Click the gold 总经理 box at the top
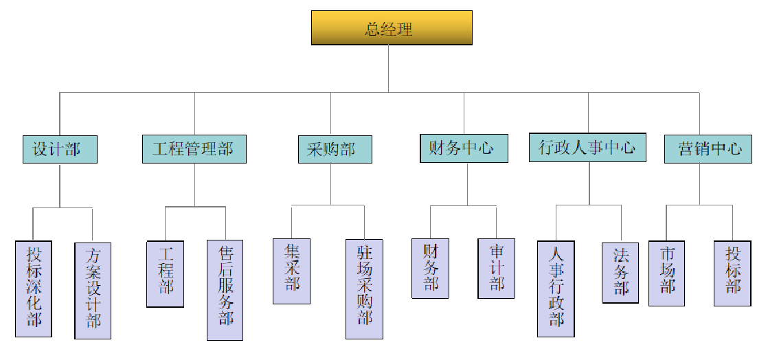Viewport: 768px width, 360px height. pos(392,28)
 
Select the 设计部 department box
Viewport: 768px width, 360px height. pos(60,149)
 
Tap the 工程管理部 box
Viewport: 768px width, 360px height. pos(194,149)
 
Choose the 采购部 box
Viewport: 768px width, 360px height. pos(335,149)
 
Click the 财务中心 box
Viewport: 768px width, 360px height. pos(464,148)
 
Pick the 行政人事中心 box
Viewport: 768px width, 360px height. pos(587,148)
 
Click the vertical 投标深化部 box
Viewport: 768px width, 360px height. pos(34,289)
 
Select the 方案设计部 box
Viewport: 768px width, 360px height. pos(93,291)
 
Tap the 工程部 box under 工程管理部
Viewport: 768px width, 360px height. pos(165,273)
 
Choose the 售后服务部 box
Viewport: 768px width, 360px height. pos(225,289)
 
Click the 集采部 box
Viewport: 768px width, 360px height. pos(291,271)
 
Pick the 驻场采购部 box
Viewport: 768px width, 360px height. pos(364,289)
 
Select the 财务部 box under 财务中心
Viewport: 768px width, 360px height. pos(430,268)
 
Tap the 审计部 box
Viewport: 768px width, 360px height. pos(496,268)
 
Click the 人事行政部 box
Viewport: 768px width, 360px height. pos(556,289)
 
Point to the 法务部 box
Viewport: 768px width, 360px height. pos(620,273)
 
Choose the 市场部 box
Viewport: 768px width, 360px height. pos(666,273)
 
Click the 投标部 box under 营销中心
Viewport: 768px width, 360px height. pos(732,273)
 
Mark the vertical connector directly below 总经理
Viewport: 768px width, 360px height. pos(389,69)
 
